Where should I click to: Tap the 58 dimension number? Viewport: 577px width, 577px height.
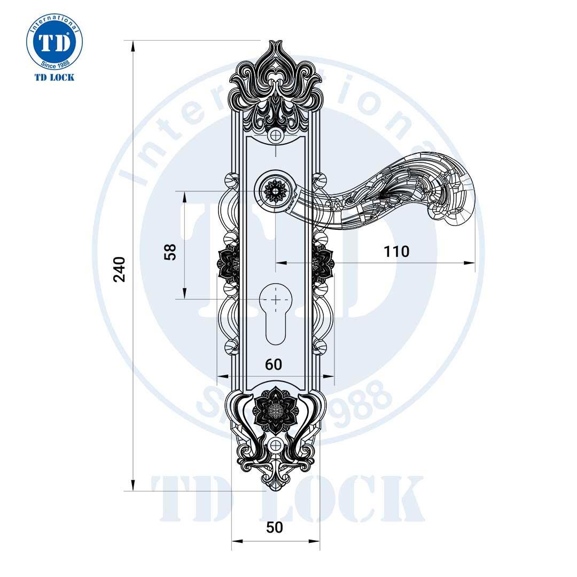pos(170,252)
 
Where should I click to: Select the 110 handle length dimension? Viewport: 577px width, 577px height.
pos(396,251)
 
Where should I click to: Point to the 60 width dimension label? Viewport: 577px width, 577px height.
pos(274,364)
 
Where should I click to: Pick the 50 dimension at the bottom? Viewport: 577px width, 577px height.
pos(274,527)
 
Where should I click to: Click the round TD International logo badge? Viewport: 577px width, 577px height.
pos(54,42)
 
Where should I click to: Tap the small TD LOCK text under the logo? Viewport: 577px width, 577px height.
pos(54,77)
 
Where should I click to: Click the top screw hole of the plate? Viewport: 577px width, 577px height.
pos(276,135)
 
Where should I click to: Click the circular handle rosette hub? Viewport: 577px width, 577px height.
pos(276,190)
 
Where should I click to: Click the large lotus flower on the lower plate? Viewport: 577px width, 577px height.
pos(274,409)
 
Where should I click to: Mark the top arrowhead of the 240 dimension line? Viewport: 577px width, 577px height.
pos(133,45)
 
